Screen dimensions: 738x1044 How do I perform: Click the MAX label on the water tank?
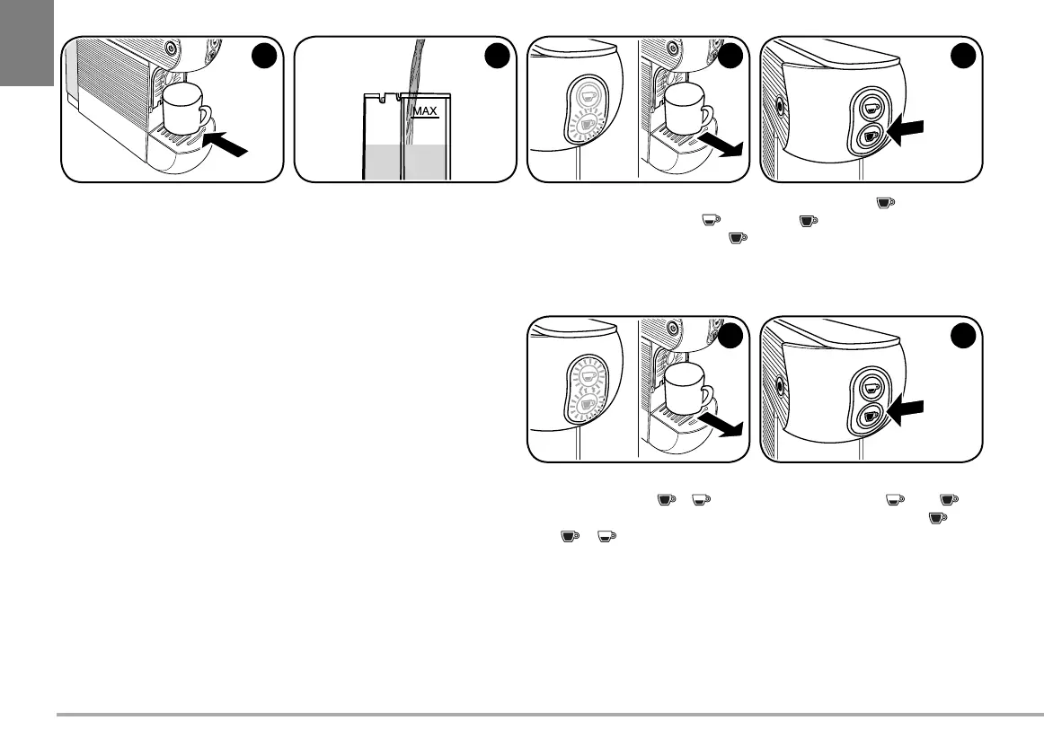[424, 111]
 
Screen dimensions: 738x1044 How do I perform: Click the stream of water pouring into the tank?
[413, 76]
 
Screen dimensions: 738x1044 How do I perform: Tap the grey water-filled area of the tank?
[404, 163]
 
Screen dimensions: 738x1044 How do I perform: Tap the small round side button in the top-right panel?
[779, 105]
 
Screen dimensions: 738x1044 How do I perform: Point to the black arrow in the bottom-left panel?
[724, 425]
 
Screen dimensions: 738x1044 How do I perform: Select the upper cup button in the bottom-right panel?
[870, 386]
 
